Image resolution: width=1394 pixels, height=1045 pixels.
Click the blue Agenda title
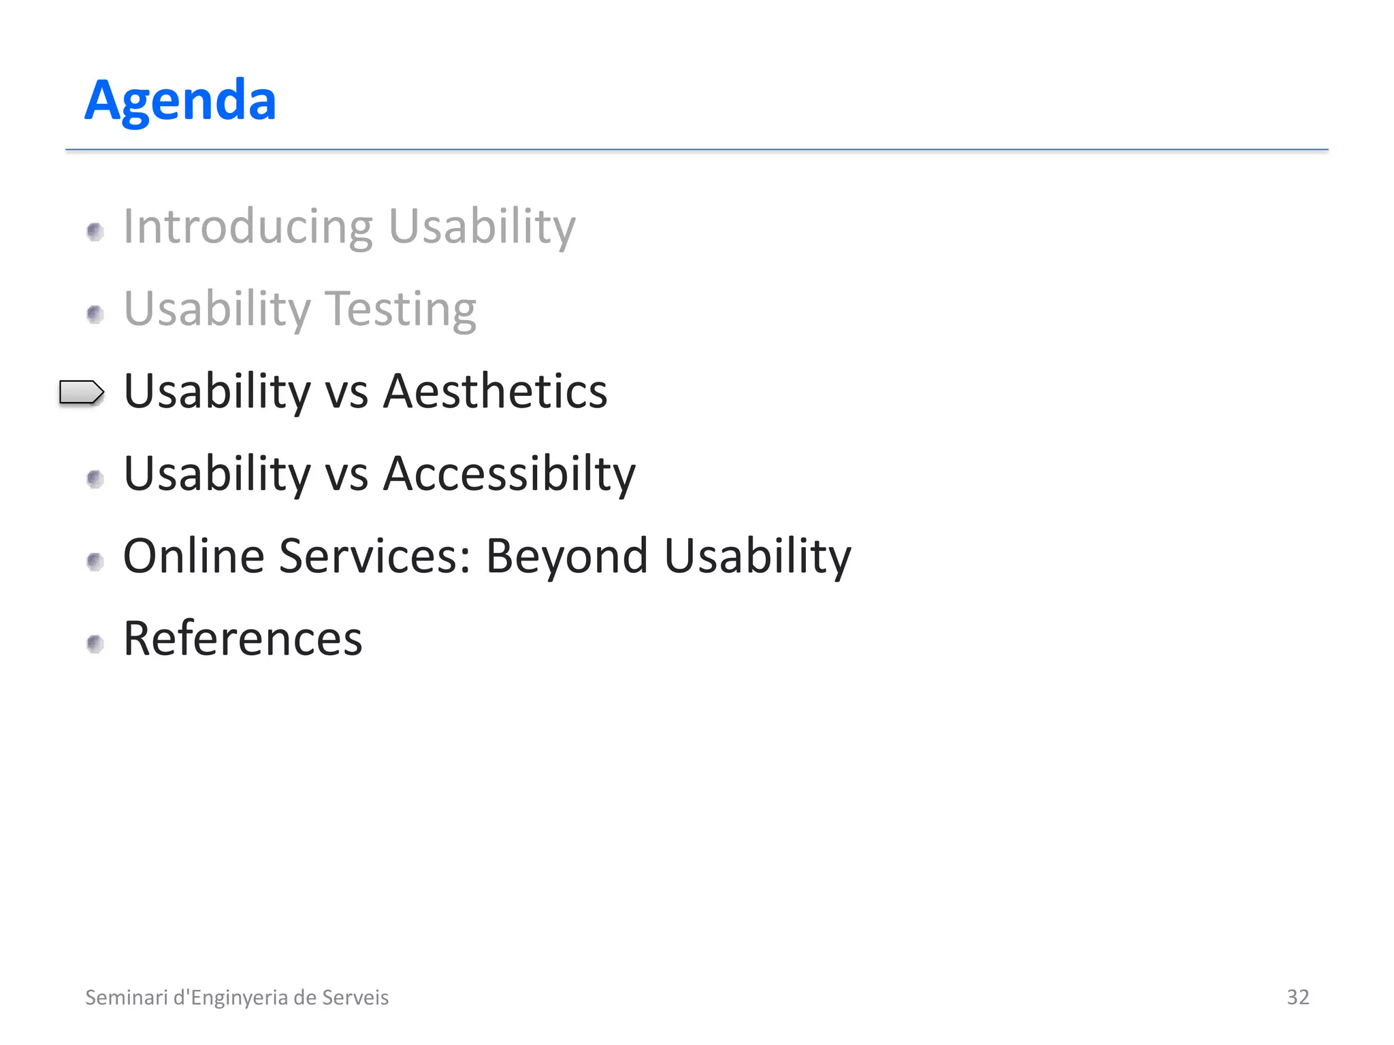click(x=180, y=101)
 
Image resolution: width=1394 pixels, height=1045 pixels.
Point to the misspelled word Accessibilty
click(x=509, y=474)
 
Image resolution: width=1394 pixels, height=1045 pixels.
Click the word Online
click(x=193, y=557)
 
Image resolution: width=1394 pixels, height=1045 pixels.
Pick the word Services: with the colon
click(x=375, y=557)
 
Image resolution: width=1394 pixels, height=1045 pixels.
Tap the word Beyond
click(x=567, y=557)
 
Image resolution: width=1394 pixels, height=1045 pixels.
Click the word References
click(x=243, y=639)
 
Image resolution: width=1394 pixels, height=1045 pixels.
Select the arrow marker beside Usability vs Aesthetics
click(x=82, y=393)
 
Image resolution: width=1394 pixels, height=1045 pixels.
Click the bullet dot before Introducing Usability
click(x=95, y=232)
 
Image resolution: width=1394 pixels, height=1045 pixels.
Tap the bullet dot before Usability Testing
click(x=95, y=314)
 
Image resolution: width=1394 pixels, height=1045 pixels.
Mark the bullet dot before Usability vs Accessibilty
click(x=95, y=479)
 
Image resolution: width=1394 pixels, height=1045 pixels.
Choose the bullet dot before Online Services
click(x=95, y=561)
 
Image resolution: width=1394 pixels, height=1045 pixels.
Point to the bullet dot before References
click(x=95, y=644)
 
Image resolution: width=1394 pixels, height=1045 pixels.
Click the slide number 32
click(x=1297, y=997)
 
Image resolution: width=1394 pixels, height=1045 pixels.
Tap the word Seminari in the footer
click(x=126, y=997)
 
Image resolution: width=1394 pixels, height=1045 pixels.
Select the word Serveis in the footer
click(x=355, y=997)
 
